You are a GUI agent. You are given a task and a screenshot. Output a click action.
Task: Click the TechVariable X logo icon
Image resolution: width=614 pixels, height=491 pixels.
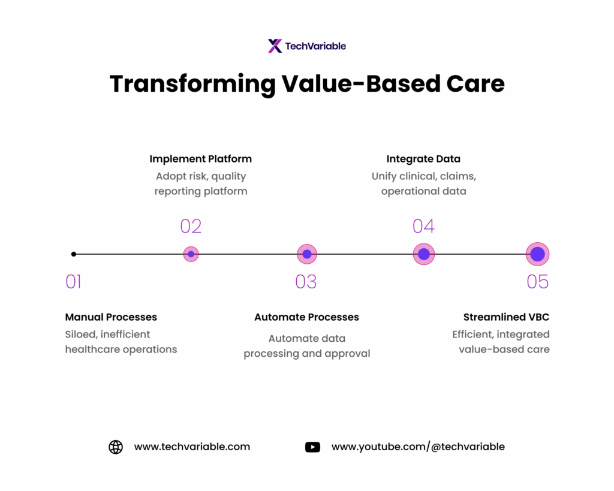pos(275,46)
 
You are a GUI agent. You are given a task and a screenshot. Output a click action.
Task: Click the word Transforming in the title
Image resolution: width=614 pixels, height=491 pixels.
pos(192,84)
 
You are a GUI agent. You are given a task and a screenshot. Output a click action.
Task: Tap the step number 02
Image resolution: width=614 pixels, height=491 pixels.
pos(191,226)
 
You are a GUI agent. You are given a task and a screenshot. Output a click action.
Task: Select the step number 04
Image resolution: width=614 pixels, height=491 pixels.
pos(423,226)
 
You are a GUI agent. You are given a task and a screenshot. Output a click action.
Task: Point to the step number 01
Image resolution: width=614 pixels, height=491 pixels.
pos(73,282)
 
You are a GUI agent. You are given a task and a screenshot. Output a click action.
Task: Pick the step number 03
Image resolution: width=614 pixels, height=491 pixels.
pos(306,282)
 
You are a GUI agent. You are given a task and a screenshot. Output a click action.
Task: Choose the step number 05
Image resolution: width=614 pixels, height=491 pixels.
pos(538,282)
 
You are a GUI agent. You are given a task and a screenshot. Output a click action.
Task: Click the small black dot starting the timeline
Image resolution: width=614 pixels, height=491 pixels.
pos(74,254)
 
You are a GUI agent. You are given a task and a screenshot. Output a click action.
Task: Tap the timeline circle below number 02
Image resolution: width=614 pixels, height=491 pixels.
pos(191,254)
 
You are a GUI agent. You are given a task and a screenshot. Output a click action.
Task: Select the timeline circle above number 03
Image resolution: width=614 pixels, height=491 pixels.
pos(307,254)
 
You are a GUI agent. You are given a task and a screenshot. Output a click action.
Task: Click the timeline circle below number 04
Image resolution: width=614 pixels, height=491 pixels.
pos(424,254)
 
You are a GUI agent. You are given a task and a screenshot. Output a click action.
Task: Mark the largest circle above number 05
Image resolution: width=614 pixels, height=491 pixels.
pos(538,254)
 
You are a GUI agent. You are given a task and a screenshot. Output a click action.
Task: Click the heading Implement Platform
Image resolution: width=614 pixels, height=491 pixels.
pos(200,159)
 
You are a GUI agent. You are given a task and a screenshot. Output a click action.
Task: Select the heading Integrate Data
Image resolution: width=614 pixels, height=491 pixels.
pos(423,159)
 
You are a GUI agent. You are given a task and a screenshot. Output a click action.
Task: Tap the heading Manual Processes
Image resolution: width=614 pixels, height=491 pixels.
pos(111,317)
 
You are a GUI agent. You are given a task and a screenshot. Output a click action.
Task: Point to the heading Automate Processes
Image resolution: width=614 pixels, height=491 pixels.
pos(306,317)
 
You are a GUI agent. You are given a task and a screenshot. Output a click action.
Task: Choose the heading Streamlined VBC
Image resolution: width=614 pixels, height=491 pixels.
pos(506,317)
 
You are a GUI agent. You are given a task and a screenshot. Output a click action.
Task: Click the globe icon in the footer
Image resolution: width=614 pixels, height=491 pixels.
pos(116,447)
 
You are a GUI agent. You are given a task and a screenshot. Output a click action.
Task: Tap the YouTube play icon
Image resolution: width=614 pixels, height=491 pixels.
pos(312,447)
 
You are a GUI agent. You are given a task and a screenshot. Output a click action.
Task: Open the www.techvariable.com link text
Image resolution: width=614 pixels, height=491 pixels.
pos(192,447)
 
